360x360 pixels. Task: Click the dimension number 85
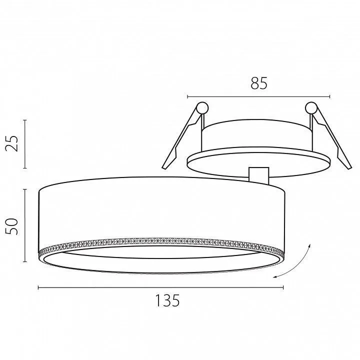tap(259, 83)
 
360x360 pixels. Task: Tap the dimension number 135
tap(167, 300)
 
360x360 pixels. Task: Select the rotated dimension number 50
tap(11, 226)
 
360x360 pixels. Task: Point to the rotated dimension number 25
tap(11, 143)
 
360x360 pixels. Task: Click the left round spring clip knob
tap(202, 107)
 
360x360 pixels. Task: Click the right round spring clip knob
tap(311, 107)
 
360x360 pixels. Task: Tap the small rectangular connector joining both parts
tap(259, 175)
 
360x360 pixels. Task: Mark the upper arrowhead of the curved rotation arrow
tap(309, 245)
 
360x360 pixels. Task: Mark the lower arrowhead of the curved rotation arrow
tap(275, 277)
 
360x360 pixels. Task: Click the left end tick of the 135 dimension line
tap(38, 287)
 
